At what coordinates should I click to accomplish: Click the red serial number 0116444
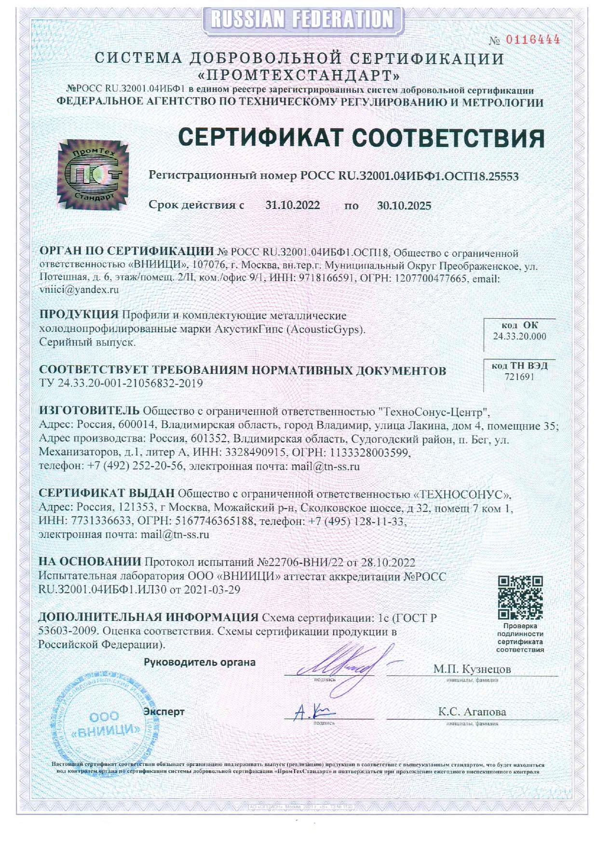click(x=532, y=40)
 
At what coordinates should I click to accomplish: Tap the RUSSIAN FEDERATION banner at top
click(x=302, y=20)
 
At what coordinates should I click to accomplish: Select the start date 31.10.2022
click(x=292, y=205)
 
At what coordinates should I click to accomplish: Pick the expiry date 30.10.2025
click(x=404, y=206)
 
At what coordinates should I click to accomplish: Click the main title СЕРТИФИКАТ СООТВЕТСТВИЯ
click(x=361, y=138)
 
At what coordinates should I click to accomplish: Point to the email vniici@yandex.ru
click(x=79, y=290)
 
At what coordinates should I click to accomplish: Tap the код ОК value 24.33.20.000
click(x=519, y=337)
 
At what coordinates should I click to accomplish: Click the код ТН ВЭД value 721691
click(x=519, y=377)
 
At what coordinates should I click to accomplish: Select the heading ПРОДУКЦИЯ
click(x=79, y=314)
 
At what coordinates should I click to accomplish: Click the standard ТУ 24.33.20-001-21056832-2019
click(x=121, y=383)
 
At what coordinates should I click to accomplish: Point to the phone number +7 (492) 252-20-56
click(x=136, y=466)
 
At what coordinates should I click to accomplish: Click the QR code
click(x=520, y=598)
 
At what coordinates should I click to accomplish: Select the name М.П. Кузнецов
click(x=472, y=669)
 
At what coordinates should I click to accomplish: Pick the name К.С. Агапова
click(x=472, y=712)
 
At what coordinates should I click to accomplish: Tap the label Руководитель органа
click(x=200, y=662)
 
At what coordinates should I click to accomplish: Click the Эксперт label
click(x=164, y=711)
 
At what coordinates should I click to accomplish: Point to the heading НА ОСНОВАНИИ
click(x=90, y=562)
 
